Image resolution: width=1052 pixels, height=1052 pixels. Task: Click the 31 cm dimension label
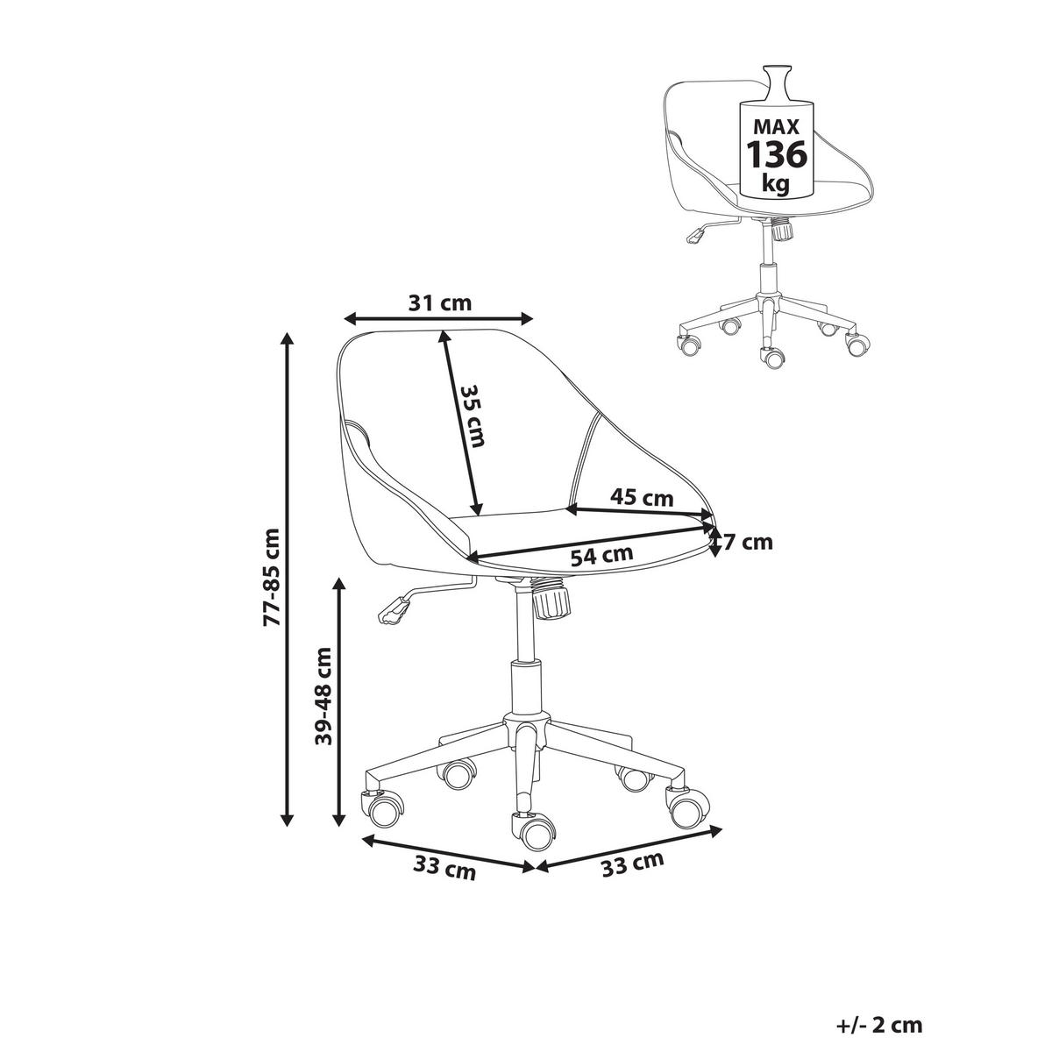439,302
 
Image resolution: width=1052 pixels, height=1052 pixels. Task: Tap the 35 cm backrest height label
471,416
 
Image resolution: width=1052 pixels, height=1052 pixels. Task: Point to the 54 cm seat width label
601,556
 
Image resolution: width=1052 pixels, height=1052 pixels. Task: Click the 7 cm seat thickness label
748,542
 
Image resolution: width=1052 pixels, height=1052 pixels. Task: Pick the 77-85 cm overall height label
271,577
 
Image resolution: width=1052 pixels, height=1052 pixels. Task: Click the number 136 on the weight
776,154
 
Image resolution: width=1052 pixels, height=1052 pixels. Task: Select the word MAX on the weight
776,126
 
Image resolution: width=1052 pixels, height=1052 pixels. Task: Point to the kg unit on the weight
776,185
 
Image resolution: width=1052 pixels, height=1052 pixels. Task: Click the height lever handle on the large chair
394,609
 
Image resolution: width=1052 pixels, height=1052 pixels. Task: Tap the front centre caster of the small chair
772,357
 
